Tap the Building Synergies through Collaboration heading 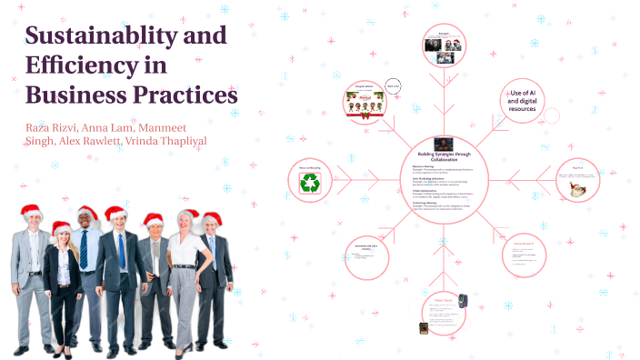click(443, 156)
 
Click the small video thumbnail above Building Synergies click(443, 143)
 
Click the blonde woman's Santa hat click(62, 228)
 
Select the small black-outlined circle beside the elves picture click(394, 86)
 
